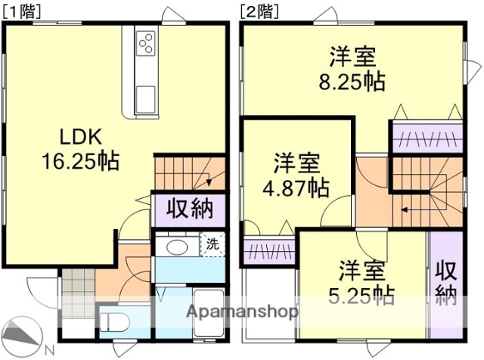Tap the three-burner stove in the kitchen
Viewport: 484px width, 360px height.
tap(146, 44)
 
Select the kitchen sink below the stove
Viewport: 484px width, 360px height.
tap(145, 97)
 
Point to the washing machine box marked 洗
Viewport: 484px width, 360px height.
tap(213, 244)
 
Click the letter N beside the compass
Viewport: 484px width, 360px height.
tap(48, 350)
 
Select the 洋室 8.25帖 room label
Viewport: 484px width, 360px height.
tap(352, 69)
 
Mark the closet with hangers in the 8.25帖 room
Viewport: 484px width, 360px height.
tap(425, 137)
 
